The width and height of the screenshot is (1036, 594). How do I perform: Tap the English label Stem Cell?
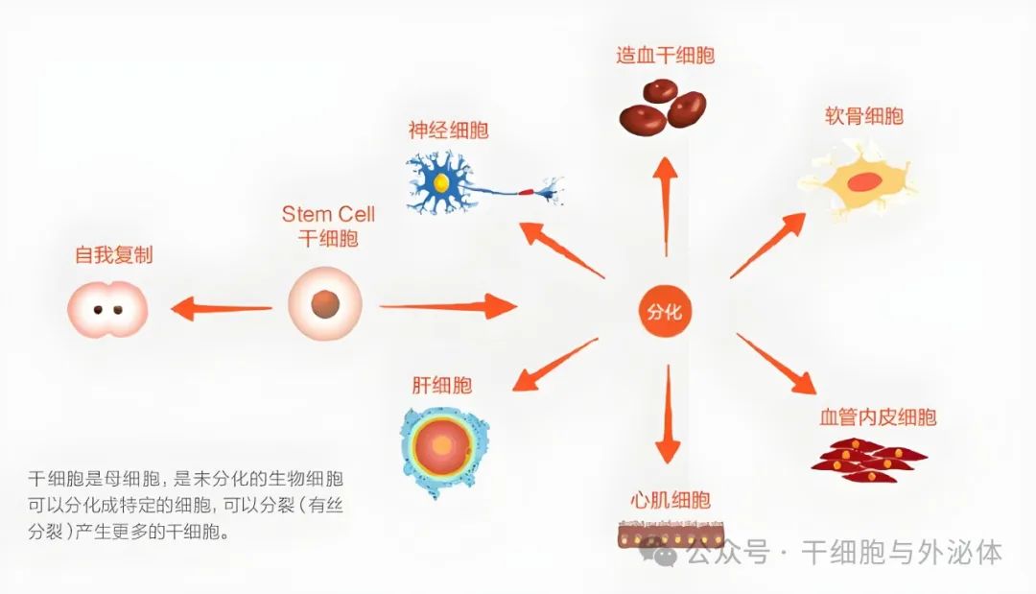click(x=328, y=214)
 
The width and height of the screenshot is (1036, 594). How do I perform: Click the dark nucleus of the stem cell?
click(x=325, y=304)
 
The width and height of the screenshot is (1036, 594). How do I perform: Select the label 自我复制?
click(x=113, y=254)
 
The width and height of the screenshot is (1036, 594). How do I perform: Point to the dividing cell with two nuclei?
click(x=107, y=309)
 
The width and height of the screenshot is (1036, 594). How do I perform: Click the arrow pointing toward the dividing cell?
click(x=222, y=308)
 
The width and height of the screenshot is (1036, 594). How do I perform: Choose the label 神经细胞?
click(x=448, y=130)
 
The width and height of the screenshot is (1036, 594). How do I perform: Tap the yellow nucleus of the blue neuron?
click(x=440, y=182)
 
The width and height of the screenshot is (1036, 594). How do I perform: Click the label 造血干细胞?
click(x=666, y=55)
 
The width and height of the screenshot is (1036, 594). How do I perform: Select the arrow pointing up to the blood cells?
click(x=666, y=207)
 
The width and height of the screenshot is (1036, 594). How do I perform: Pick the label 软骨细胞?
click(x=863, y=116)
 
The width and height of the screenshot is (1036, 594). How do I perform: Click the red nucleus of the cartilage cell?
click(x=864, y=181)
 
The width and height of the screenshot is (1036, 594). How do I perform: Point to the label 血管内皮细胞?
click(x=878, y=416)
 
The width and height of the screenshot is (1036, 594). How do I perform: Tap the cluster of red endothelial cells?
click(x=868, y=459)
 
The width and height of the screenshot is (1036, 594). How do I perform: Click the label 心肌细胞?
click(x=670, y=500)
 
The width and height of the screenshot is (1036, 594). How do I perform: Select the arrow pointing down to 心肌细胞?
click(x=668, y=414)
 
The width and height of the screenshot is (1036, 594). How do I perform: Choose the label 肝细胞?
click(x=441, y=385)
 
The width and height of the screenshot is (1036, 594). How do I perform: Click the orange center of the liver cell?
click(x=442, y=447)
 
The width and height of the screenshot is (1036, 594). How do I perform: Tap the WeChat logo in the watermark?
click(x=658, y=551)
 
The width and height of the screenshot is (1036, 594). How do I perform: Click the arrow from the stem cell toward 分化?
click(x=448, y=306)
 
